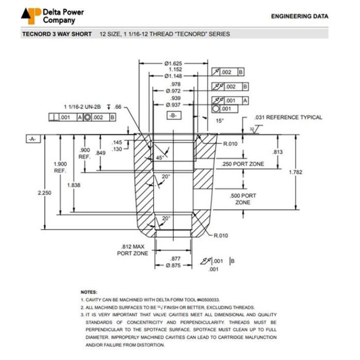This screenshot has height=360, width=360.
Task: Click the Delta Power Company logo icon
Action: [31, 16]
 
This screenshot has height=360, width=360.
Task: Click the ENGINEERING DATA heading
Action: [299, 16]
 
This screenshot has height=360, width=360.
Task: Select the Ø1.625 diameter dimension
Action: [174, 63]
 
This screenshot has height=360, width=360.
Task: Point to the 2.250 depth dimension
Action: [45, 192]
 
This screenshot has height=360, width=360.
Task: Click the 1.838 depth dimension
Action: [74, 185]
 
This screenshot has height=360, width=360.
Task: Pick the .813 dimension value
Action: [277, 152]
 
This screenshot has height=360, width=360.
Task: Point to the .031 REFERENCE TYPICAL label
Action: [288, 117]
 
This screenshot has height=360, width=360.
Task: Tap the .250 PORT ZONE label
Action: [243, 164]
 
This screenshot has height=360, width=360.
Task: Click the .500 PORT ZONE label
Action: [242, 199]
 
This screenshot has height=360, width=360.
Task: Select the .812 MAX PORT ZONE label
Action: [133, 249]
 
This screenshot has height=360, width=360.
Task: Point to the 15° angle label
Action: [220, 120]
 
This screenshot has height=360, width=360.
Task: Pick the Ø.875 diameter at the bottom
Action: [175, 265]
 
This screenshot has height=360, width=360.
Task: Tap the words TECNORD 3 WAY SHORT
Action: [57, 34]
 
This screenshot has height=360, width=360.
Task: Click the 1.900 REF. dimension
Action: [60, 167]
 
